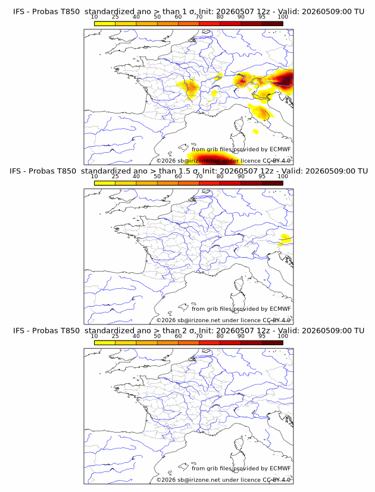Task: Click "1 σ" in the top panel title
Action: [x=192, y=12]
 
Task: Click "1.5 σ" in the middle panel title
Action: [x=189, y=171]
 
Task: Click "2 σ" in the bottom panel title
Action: [x=192, y=331]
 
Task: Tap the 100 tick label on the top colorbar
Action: [x=283, y=17]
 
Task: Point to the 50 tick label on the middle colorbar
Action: [x=157, y=176]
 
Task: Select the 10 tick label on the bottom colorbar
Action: [x=94, y=336]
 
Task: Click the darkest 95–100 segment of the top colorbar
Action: [x=273, y=23]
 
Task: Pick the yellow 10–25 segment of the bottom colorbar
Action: [x=105, y=342]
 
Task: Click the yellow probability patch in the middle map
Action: [x=285, y=239]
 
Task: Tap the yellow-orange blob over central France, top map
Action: [x=188, y=88]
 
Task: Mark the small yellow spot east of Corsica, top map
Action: [x=255, y=131]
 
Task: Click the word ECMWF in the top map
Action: [x=280, y=149]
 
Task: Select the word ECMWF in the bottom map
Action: [x=280, y=468]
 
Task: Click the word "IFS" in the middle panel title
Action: [x=14, y=171]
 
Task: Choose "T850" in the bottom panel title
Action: [x=70, y=331]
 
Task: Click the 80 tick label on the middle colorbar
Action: [x=220, y=176]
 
